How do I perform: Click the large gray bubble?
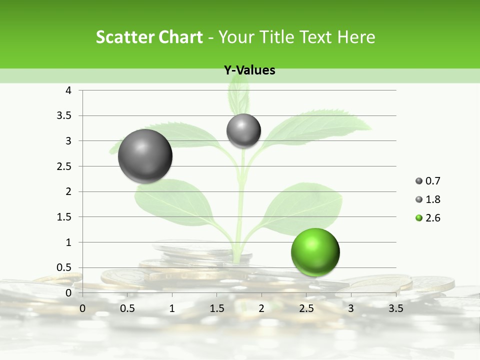coord(145,156)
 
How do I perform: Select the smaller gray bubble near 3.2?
coord(243,130)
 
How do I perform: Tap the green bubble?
coord(315,252)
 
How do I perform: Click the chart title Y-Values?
coord(249,70)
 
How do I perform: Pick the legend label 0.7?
coord(432,181)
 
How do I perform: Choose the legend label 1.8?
coord(432,199)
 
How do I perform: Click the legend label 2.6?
coord(432,218)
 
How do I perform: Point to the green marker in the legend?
coord(419,218)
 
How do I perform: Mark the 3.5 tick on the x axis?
coord(395,308)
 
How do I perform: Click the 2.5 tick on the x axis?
coord(306,308)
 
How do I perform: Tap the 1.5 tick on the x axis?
coord(216,308)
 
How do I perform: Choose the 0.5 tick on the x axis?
coord(127,308)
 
